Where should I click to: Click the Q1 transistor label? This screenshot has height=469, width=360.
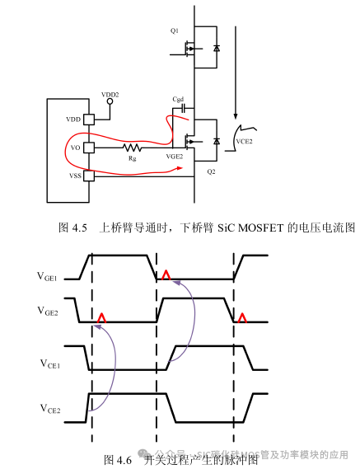175,30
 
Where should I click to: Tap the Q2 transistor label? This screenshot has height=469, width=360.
211,172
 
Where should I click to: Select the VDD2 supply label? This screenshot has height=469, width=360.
110,95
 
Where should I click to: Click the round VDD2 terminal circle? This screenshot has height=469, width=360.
110,103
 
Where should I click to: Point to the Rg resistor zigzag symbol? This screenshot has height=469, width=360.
131,148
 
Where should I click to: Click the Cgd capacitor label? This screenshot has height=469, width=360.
177,99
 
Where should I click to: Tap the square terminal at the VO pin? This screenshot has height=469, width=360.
89,148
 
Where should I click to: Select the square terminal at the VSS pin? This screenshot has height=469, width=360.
89,176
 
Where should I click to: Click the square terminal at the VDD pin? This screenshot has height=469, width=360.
89,120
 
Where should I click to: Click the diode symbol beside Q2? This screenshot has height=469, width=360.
217,142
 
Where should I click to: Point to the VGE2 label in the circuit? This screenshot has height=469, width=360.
174,156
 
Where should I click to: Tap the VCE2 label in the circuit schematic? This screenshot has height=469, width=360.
245,141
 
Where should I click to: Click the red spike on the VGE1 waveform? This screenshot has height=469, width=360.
166,275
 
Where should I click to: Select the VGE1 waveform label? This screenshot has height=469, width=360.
46,279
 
